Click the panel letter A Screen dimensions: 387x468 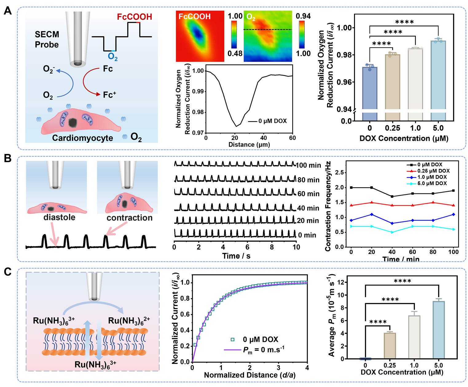pyautogui.click(x=8, y=11)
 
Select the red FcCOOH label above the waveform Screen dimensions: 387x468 pyautogui.click(x=134, y=17)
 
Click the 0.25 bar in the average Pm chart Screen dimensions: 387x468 pyautogui.click(x=390, y=346)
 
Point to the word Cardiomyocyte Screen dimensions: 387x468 pyautogui.click(x=82, y=138)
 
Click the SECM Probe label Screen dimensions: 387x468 pyautogui.click(x=47, y=39)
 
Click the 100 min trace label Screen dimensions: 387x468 pyautogui.click(x=308, y=165)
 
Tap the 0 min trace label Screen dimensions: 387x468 pyautogui.click(x=307, y=235)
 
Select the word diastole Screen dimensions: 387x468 pyautogui.click(x=59, y=217)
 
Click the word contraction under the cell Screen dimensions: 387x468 pyautogui.click(x=129, y=218)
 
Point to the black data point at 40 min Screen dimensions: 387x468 pyautogui.click(x=392, y=196)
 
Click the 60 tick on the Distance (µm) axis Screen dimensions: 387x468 pyautogui.click(x=292, y=138)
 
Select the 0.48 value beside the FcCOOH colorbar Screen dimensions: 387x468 pyautogui.click(x=235, y=53)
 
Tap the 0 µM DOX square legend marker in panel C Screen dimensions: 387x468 pyautogui.click(x=232, y=339)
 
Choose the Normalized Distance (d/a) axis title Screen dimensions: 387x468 pyautogui.click(x=250, y=375)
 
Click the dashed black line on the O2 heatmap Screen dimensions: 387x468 pyautogui.click(x=267, y=30)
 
